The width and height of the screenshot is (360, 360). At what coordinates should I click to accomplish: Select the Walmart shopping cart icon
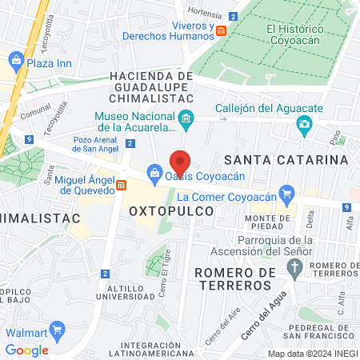[56, 330]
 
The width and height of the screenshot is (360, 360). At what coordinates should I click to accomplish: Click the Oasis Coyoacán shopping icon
[154, 172]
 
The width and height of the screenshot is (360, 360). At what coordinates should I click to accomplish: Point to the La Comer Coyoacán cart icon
[286, 193]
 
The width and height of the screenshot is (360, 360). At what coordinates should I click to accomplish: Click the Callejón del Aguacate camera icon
[303, 124]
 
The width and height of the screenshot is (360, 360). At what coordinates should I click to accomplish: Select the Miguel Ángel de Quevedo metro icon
[121, 186]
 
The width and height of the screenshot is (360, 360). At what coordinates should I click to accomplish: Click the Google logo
[26, 350]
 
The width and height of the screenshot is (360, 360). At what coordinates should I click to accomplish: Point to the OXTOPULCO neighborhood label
[171, 210]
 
